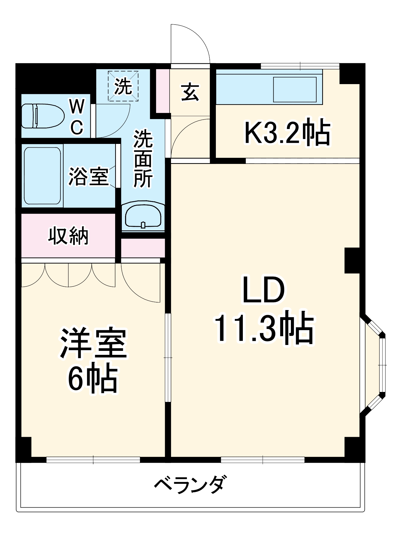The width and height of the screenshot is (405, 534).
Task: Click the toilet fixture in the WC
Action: coord(43,116)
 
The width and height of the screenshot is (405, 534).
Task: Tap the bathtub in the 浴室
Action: coord(42,175)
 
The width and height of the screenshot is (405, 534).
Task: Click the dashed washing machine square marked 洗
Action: coord(123,86)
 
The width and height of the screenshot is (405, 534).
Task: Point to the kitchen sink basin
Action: coord(294,89)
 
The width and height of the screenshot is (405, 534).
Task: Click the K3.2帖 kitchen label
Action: coord(287,133)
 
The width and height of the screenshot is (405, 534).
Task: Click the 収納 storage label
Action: coord(68,236)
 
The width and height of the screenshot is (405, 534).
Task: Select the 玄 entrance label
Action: coord(190,92)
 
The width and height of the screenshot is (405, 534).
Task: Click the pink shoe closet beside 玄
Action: coord(162,91)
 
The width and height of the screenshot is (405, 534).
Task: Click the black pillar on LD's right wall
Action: coord(352,260)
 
